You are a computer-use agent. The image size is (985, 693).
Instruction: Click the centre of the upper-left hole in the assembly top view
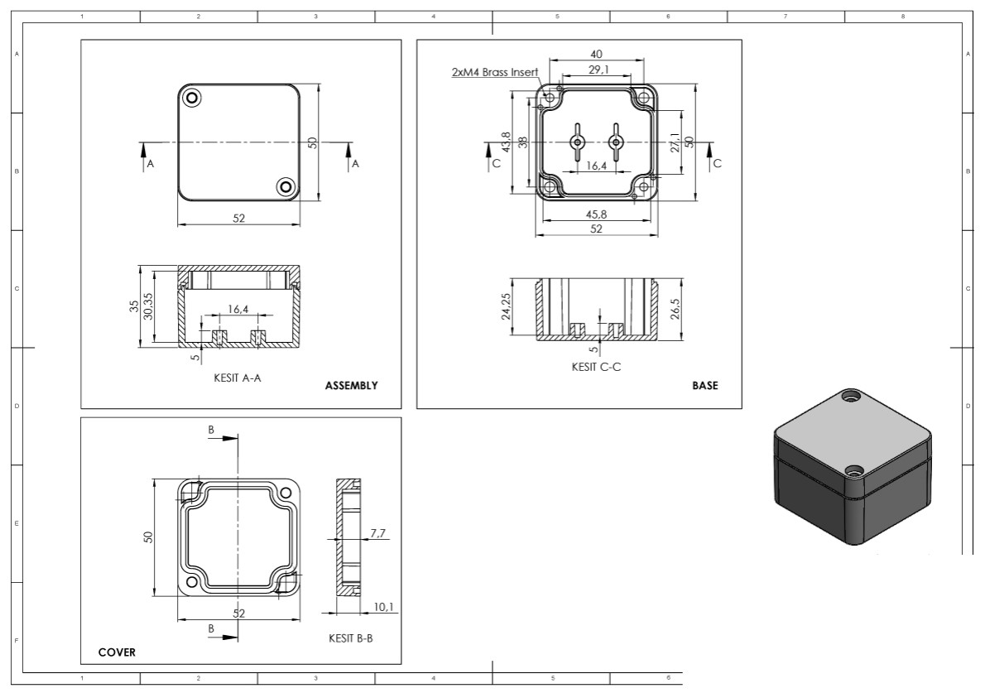click(191, 98)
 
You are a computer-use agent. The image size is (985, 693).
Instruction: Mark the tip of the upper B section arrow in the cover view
click(238, 439)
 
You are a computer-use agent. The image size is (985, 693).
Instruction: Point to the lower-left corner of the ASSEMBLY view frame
click(81, 408)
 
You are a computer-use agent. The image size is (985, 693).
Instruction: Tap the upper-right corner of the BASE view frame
click(742, 41)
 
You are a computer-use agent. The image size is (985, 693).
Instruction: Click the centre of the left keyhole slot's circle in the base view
click(577, 142)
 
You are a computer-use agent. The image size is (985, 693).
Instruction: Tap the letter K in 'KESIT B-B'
click(332, 638)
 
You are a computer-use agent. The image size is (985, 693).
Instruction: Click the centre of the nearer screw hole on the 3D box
click(853, 470)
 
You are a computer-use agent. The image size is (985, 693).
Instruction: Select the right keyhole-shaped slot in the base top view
click(614, 142)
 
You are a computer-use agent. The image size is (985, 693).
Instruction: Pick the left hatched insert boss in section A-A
click(219, 337)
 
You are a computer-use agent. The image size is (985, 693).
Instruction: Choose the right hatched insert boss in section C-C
click(616, 330)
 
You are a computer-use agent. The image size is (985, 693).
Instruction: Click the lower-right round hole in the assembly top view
click(286, 186)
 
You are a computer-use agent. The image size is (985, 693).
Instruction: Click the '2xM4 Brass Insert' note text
click(494, 72)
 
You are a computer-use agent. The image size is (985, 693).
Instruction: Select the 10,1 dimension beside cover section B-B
click(383, 607)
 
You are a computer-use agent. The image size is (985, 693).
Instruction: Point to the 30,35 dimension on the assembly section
click(148, 306)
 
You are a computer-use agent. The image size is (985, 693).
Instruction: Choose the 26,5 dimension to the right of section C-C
click(675, 309)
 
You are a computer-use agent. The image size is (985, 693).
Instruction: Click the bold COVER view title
click(117, 652)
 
